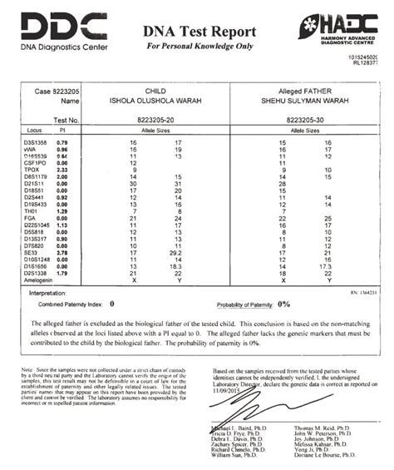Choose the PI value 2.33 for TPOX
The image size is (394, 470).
62,170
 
